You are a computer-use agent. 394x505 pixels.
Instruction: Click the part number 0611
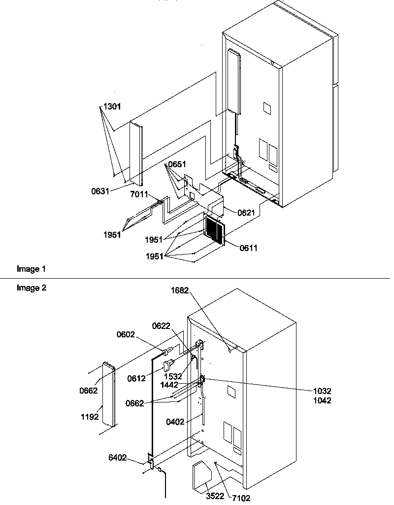pos(249,249)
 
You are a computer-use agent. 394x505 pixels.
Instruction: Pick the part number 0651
pos(178,164)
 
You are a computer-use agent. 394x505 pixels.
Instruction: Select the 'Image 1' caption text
pos(31,269)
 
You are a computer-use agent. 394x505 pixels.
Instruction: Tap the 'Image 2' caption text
pos(32,288)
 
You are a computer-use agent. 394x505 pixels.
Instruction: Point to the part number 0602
pos(126,334)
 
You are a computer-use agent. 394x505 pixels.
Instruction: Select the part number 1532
pos(173,376)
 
